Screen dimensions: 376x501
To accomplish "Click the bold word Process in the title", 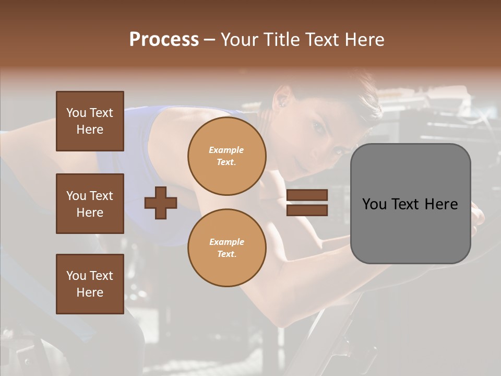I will [x=164, y=40].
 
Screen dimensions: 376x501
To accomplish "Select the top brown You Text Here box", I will [x=90, y=121].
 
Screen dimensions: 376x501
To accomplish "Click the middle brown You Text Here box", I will [x=90, y=204].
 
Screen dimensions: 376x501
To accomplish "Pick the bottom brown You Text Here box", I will [x=90, y=284].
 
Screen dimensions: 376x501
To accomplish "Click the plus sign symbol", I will [x=161, y=203].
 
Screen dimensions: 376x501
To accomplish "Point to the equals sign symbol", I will [x=307, y=203].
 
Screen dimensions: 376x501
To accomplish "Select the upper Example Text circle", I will [x=226, y=156].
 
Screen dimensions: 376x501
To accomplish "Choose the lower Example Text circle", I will [x=226, y=248].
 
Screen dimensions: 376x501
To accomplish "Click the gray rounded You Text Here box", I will [x=410, y=204].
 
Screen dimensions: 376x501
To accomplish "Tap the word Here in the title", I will [x=363, y=40].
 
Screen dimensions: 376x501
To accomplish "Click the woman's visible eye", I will [x=317, y=126].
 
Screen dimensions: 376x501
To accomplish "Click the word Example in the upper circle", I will [x=226, y=150].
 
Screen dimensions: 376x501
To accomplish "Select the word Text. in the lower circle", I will [x=226, y=254].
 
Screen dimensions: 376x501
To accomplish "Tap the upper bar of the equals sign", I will [x=307, y=195].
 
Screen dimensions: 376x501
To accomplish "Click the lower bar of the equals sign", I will [x=307, y=210].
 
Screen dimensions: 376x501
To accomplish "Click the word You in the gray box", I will [x=375, y=204].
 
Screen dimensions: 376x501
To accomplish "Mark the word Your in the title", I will [x=241, y=40].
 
